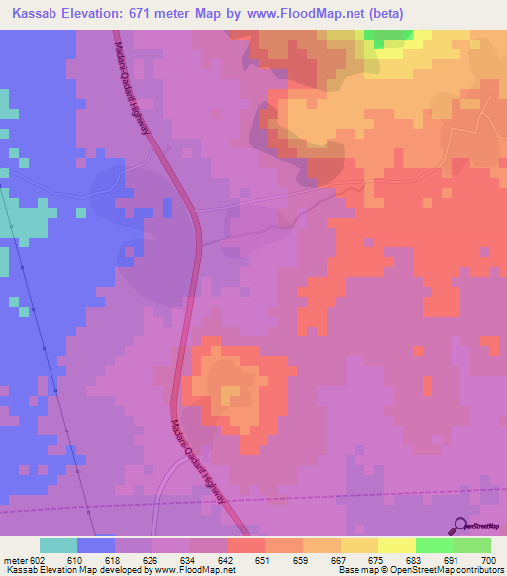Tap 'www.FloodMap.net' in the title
(343, 12)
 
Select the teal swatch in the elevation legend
(57, 545)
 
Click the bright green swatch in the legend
(434, 545)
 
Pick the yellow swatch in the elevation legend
(396, 545)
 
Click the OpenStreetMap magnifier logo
(458, 525)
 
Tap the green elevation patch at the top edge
(387, 38)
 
